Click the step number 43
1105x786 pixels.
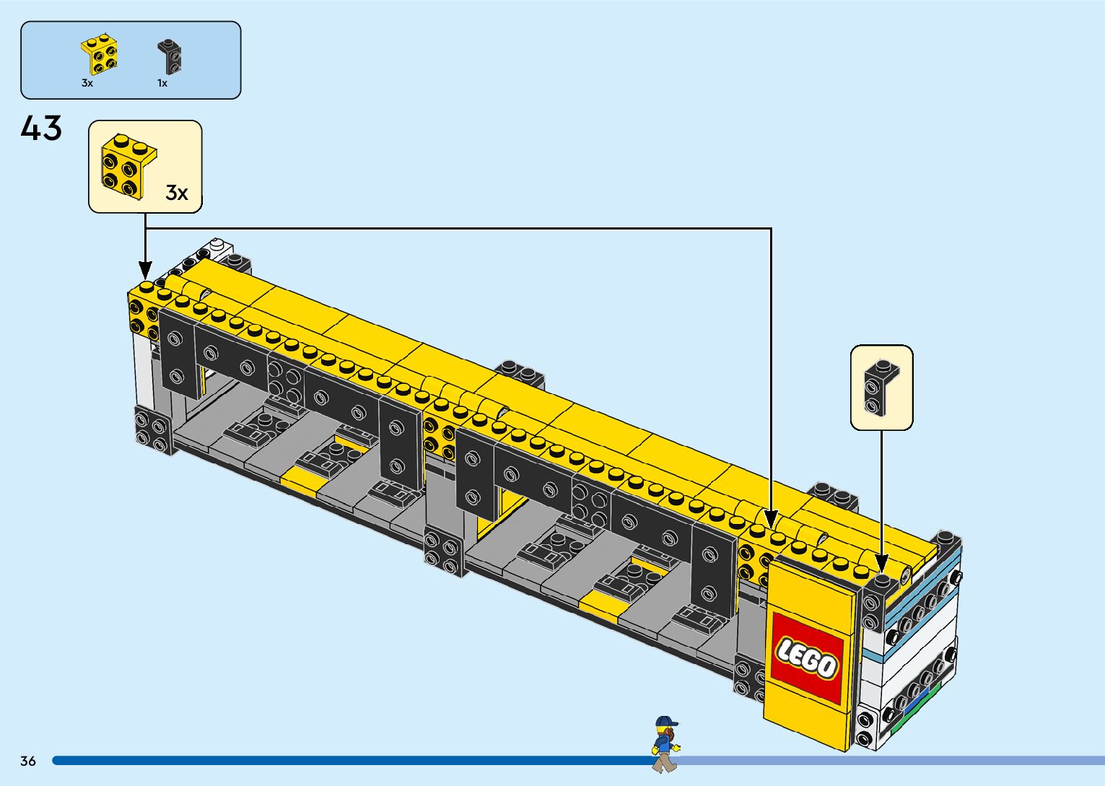point(41,128)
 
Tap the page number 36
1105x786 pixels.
point(28,761)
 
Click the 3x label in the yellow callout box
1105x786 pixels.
point(176,193)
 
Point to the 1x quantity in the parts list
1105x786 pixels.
point(162,84)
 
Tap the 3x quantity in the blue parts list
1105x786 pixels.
point(87,84)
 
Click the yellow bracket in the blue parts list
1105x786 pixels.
point(100,54)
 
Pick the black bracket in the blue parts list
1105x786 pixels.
point(170,56)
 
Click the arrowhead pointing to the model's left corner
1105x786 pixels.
point(145,271)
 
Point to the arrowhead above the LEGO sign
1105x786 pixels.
point(771,520)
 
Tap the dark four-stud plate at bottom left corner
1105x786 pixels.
point(153,429)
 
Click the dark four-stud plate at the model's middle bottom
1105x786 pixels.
point(443,552)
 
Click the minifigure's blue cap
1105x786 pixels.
point(666,721)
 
